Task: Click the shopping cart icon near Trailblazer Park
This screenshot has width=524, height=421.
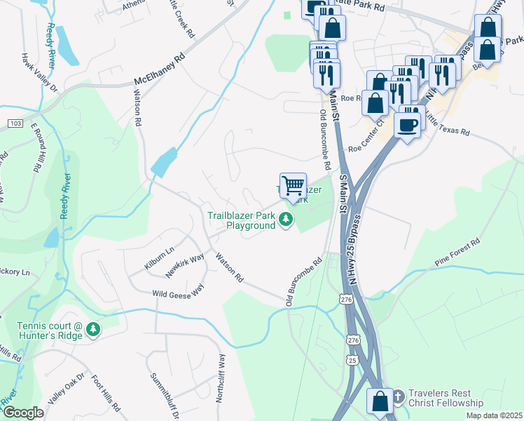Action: click(293, 186)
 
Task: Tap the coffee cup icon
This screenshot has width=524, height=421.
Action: click(408, 124)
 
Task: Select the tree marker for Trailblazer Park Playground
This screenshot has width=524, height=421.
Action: click(285, 220)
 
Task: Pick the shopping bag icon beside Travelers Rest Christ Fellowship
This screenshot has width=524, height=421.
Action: click(380, 402)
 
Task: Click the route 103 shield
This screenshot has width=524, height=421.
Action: click(14, 123)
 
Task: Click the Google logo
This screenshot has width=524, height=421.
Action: click(23, 412)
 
